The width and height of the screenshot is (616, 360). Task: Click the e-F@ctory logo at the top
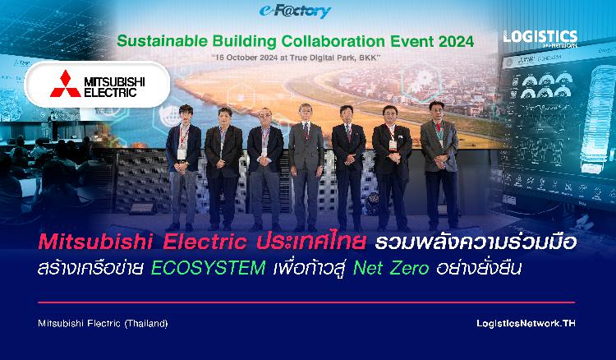coord(295,11)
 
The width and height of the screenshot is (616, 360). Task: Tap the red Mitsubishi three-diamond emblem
coord(65,84)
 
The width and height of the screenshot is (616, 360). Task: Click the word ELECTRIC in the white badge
coord(110,93)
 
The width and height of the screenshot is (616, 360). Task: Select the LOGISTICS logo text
coord(540,36)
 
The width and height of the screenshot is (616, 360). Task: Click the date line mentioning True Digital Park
coord(296,58)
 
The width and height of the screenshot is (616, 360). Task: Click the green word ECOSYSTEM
coord(209,269)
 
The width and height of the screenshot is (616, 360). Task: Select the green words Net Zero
coord(391,269)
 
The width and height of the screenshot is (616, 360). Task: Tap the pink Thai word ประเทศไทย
coord(311,242)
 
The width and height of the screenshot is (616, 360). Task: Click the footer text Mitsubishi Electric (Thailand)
coord(103,324)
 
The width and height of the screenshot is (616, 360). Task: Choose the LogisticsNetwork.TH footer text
coord(526,324)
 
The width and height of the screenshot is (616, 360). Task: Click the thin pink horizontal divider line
coord(306,302)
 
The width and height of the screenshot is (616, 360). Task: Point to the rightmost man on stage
coord(439,165)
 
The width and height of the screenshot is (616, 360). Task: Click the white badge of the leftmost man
coord(182,154)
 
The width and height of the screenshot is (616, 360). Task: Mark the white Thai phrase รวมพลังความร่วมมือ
coord(476,242)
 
